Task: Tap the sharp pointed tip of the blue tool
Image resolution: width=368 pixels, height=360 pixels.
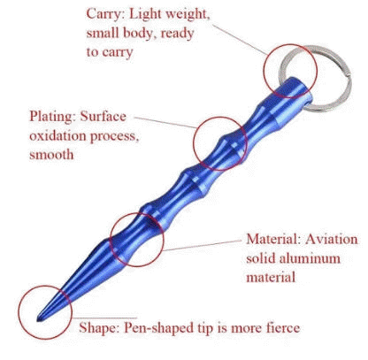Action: coord(38,319)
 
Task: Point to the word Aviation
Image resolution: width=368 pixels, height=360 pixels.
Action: coord(332,239)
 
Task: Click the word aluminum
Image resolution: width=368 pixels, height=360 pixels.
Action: coord(310,258)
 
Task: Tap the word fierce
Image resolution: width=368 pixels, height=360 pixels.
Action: coord(283,328)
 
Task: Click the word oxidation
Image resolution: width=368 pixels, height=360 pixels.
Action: coord(57,136)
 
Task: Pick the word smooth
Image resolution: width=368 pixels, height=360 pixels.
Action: coord(51,155)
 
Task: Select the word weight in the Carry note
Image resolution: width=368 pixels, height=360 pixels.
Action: coord(188,15)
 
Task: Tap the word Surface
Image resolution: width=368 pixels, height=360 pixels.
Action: coord(103,117)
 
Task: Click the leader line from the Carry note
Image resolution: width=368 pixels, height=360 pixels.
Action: coord(241,40)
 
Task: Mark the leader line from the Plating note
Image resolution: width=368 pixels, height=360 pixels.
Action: coord(165,123)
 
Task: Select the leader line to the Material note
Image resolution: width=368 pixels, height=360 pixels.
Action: coord(203,245)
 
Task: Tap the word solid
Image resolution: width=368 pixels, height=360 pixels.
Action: coord(261,258)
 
